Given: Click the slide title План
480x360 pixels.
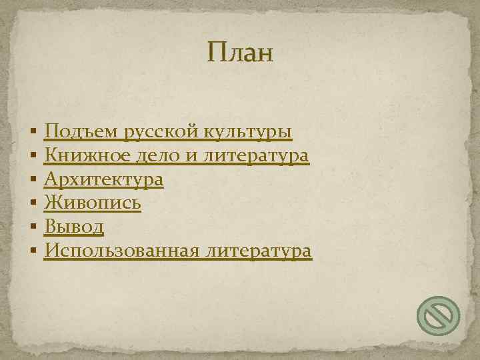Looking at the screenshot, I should click(240, 52).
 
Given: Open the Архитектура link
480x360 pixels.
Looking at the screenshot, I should click(103, 180).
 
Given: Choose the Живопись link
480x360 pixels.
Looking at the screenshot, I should click(92, 203).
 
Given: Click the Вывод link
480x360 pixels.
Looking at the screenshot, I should click(73, 227).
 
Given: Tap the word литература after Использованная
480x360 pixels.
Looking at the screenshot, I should click(259, 251).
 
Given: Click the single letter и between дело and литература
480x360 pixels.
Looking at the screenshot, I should click(193, 157).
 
